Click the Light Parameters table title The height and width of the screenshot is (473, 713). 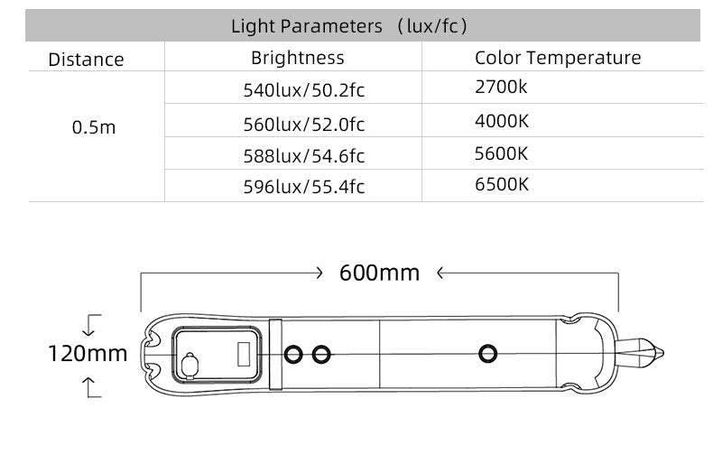[x=349, y=26]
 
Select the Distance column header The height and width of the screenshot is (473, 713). [x=86, y=60]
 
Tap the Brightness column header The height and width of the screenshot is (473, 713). [x=298, y=58]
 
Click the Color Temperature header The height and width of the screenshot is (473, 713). [x=558, y=58]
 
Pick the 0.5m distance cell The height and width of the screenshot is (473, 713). [x=94, y=127]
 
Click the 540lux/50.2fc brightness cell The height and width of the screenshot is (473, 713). [x=304, y=90]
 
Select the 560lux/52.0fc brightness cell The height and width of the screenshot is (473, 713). [x=304, y=125]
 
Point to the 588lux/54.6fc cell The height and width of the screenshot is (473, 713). [x=304, y=156]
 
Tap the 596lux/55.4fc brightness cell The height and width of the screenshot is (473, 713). [x=304, y=187]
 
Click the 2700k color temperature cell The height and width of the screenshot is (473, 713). [x=501, y=87]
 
